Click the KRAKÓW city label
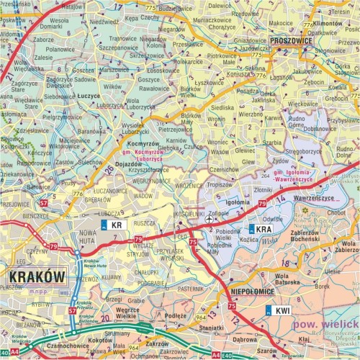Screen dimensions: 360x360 [36, 276]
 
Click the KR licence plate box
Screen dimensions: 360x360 [114, 225]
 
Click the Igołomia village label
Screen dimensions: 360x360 [237, 203]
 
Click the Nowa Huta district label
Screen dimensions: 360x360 [87, 238]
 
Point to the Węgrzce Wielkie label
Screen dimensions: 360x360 [127, 312]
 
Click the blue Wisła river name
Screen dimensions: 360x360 [272, 242]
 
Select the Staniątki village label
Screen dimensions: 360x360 [211, 327]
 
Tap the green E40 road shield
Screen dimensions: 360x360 [228, 356]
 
